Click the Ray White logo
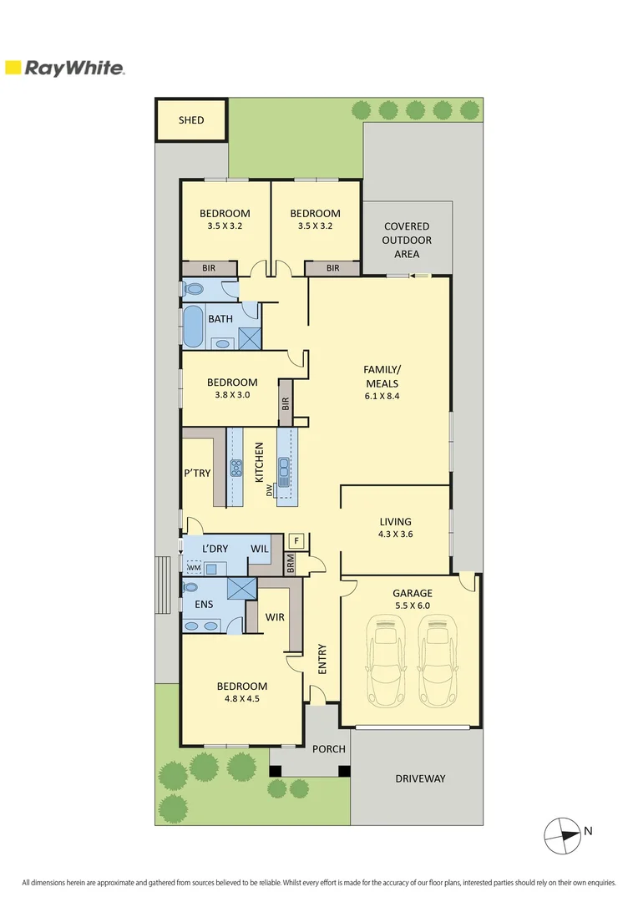point(65,68)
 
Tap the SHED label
point(191,120)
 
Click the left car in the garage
point(386,660)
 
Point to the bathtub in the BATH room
point(193,327)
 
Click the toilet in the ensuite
point(190,587)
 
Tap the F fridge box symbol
point(296,540)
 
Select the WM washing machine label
point(194,568)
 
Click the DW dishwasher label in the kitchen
point(270,491)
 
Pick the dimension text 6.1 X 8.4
point(381,396)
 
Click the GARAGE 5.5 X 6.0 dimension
point(413,607)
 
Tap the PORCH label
point(328,749)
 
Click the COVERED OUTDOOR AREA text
point(407,240)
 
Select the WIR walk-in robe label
point(275,618)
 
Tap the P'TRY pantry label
point(197,473)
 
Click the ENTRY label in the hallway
point(322,659)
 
